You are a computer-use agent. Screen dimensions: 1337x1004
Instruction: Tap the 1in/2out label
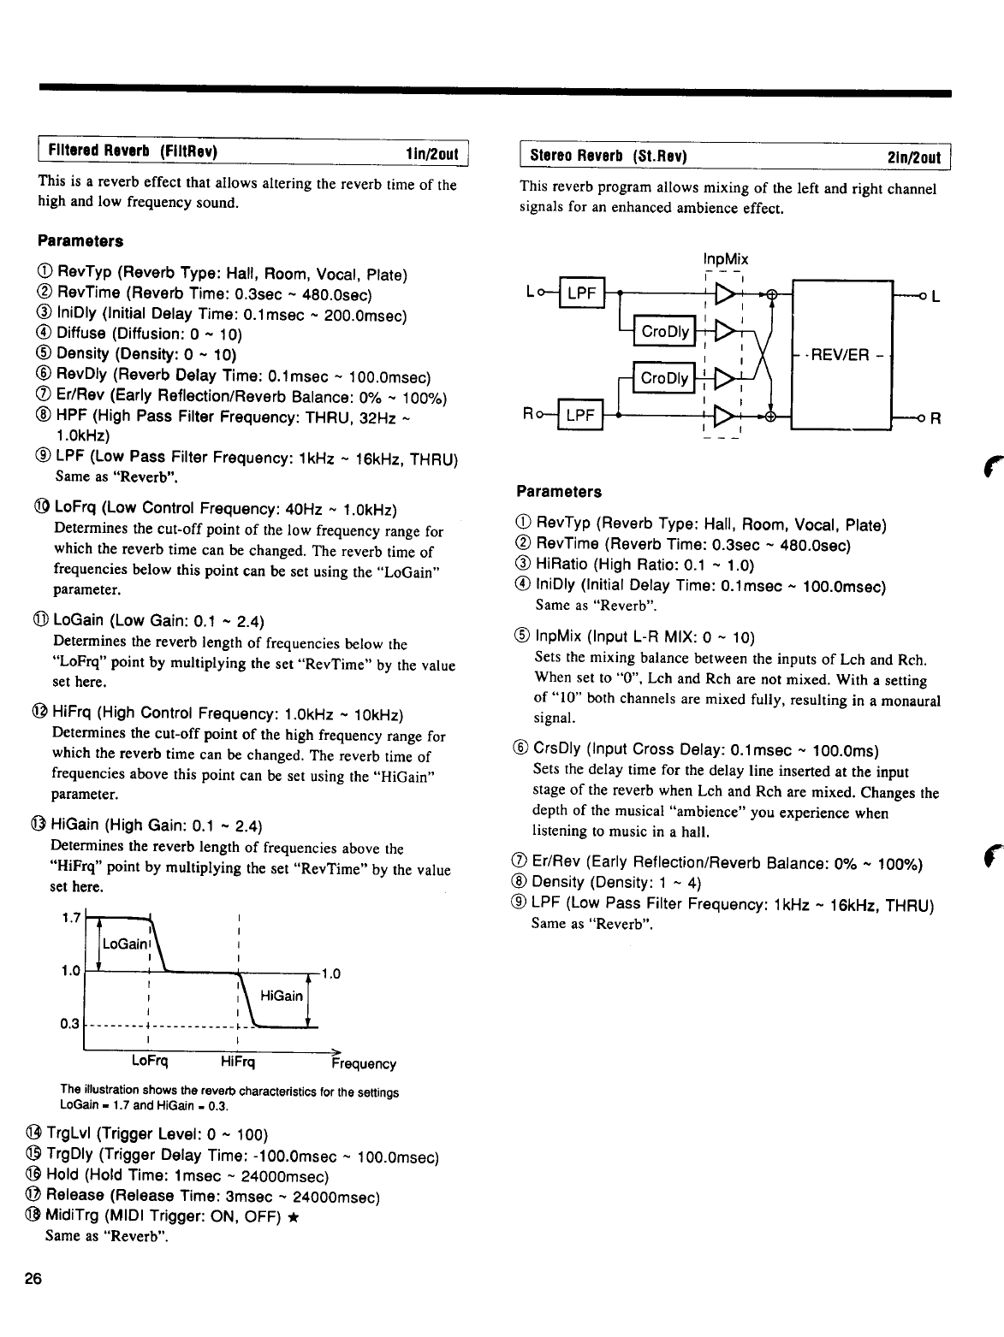(432, 154)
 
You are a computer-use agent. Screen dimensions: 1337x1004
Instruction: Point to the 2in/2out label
(915, 157)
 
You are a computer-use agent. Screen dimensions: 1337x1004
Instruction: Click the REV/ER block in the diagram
(843, 355)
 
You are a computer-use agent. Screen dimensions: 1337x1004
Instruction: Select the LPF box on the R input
(580, 417)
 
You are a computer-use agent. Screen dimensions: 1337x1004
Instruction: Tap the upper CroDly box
(665, 332)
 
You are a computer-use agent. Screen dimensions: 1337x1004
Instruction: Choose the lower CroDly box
(664, 378)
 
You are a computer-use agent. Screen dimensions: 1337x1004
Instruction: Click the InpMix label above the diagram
(724, 259)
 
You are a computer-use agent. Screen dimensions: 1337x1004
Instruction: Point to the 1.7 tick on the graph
(72, 918)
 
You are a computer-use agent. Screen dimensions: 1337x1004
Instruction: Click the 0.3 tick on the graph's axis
(71, 1024)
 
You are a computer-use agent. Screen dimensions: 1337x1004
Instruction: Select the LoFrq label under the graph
(149, 1062)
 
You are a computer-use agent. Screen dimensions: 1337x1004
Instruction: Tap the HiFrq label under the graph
(237, 1062)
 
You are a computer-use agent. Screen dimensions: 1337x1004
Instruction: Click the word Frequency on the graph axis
(364, 1064)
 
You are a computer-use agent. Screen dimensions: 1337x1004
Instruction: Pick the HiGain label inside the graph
(281, 996)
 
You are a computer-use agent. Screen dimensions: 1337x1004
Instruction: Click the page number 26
(33, 1280)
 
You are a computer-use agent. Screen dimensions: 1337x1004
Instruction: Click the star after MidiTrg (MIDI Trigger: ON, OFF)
(294, 1216)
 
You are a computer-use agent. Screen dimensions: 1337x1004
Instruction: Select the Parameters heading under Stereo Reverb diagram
(559, 492)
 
